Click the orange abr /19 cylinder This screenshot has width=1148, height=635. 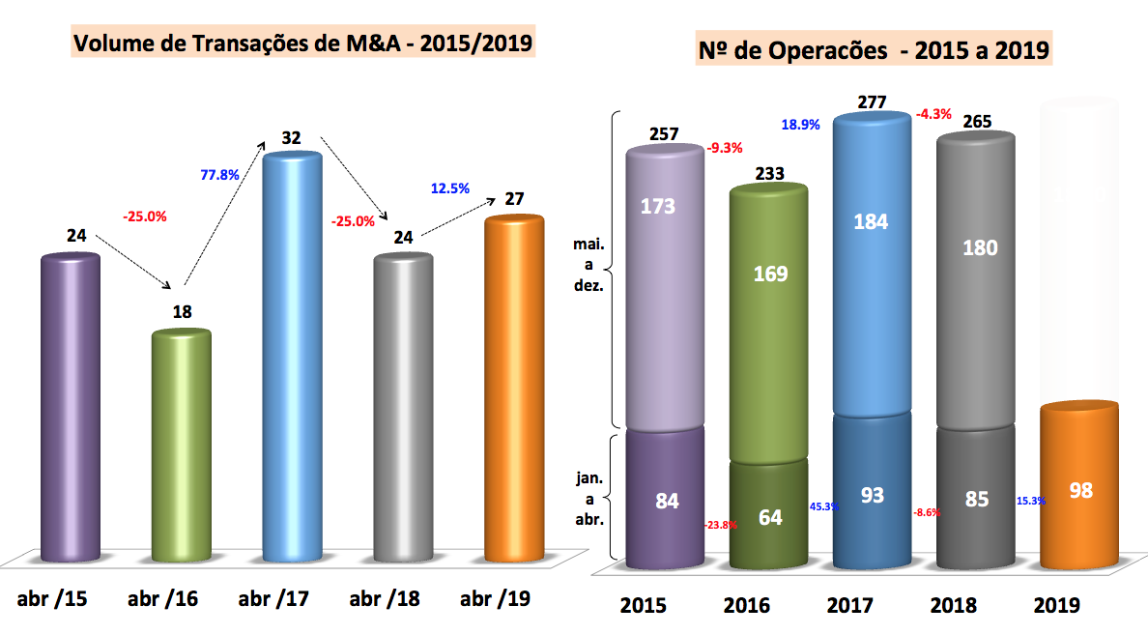click(514, 391)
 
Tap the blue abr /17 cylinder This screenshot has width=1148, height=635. click(292, 358)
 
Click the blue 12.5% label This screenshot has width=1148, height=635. click(449, 188)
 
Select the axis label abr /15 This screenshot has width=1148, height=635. click(52, 599)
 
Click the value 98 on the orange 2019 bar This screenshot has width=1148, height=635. click(1080, 490)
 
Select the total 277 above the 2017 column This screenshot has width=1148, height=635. click(872, 101)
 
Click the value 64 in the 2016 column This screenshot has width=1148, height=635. click(769, 516)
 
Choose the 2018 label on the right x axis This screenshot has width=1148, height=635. click(954, 606)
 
